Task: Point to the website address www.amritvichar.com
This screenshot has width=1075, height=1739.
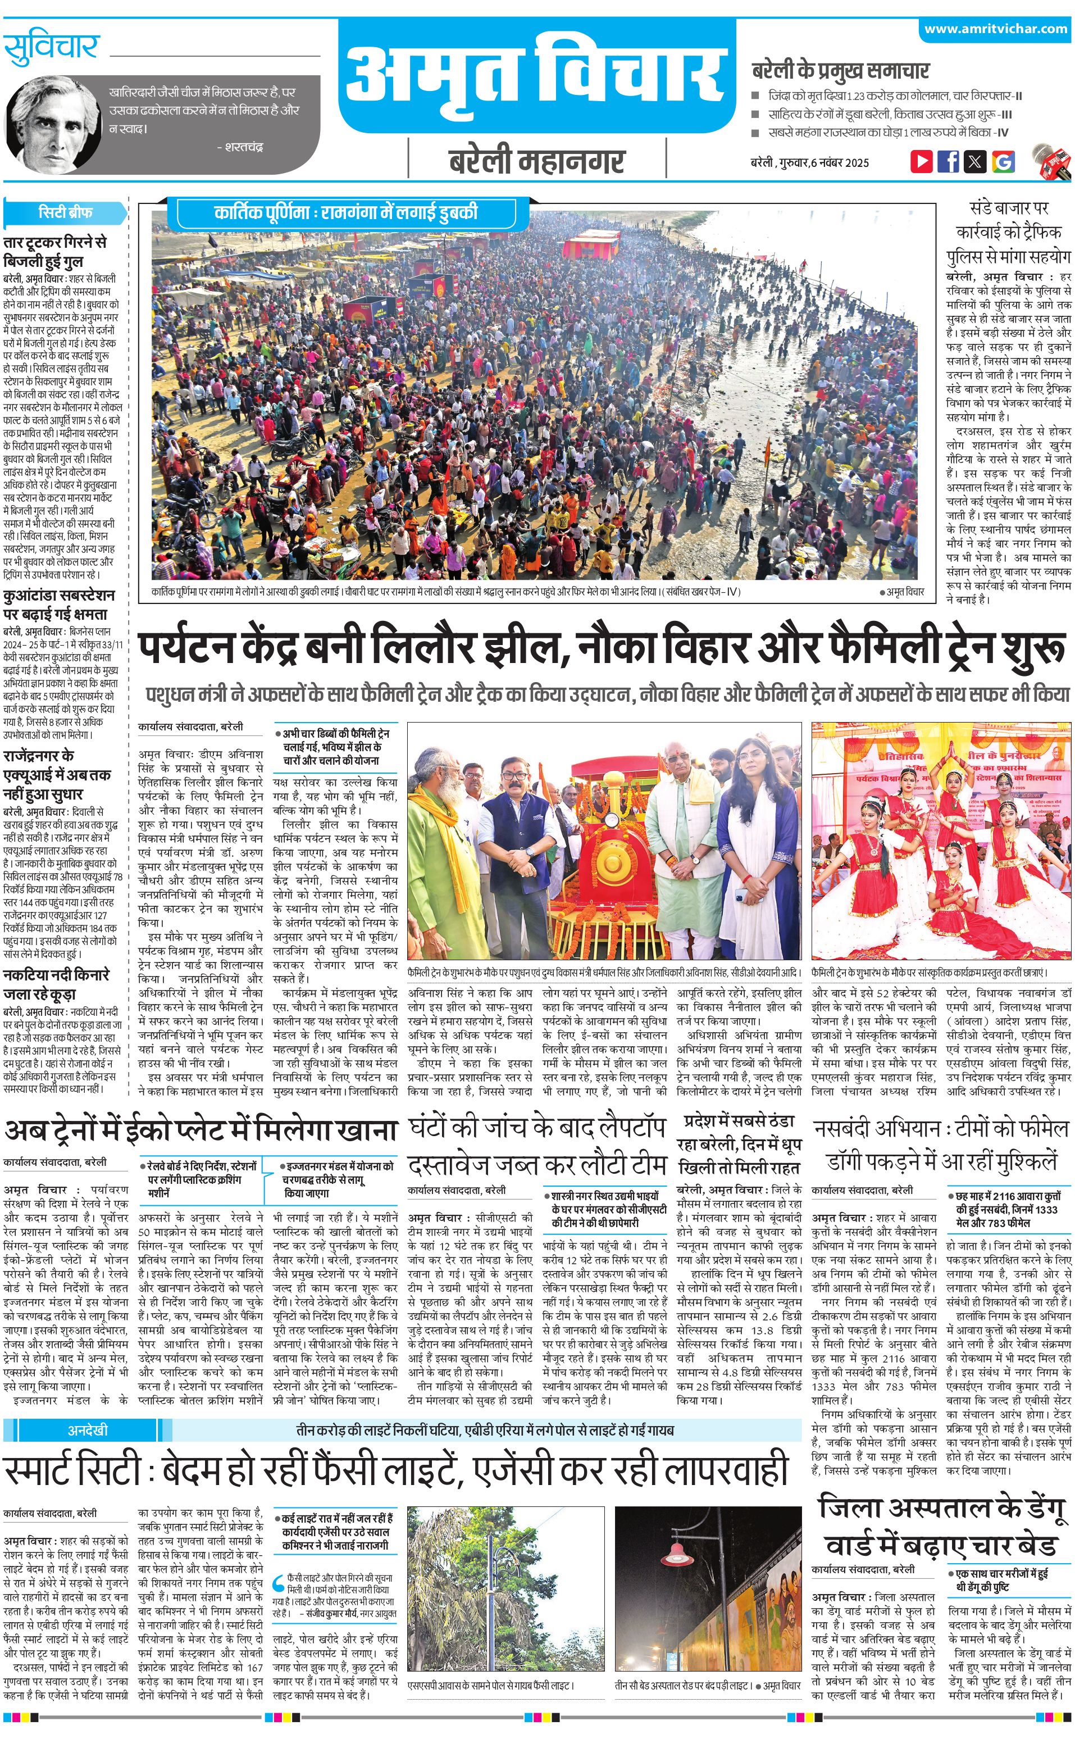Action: [995, 29]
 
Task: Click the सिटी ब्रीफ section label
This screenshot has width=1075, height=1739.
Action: [65, 212]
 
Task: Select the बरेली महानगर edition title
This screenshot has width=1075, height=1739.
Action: [537, 161]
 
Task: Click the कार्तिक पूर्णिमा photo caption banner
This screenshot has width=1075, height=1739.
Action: [345, 212]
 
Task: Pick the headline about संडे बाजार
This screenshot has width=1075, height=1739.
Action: [1008, 232]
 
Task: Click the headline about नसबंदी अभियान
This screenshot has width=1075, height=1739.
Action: [941, 1147]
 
